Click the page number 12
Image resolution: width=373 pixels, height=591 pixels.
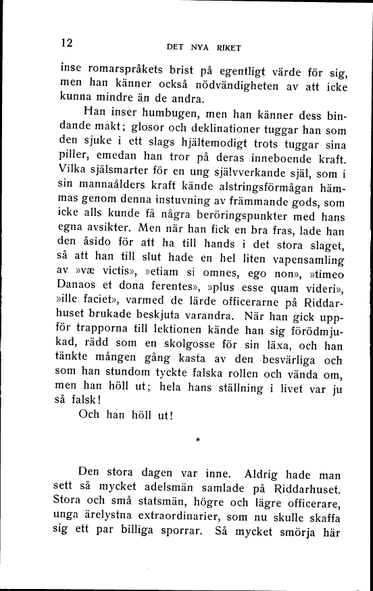(66, 43)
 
